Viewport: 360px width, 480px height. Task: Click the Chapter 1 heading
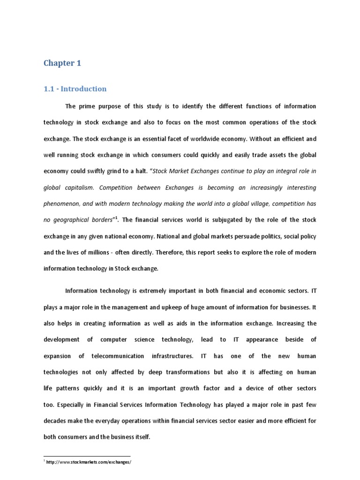pyautogui.click(x=62, y=63)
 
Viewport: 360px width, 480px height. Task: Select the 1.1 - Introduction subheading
pyautogui.click(x=75, y=89)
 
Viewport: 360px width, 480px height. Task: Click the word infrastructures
pyautogui.click(x=172, y=356)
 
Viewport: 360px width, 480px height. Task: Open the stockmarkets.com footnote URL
pyautogui.click(x=89, y=462)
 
